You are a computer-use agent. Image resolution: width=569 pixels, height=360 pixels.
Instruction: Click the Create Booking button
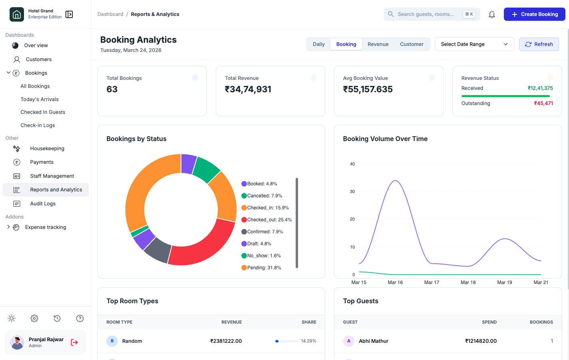point(534,14)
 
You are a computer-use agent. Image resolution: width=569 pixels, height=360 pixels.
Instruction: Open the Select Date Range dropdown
point(474,44)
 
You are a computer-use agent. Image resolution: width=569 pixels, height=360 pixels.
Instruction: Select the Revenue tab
point(378,44)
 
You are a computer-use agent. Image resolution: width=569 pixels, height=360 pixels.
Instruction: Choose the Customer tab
point(411,44)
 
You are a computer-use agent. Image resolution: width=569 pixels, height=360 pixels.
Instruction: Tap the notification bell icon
point(491,14)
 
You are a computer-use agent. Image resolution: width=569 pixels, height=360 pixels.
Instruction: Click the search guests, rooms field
point(425,14)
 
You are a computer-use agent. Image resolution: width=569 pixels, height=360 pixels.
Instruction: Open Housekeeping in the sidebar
point(47,149)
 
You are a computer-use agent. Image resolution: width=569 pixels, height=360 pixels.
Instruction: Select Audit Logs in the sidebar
point(43,204)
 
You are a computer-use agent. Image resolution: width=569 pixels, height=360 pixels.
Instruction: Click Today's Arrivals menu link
point(40,99)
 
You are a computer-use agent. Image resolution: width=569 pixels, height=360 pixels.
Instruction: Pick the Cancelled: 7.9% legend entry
point(264,196)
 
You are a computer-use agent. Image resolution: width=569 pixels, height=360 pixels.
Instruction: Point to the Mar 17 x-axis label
point(432,282)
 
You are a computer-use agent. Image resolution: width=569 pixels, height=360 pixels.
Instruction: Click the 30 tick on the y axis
point(352,192)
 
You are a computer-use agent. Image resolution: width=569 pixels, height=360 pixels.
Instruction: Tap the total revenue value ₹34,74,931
point(248,90)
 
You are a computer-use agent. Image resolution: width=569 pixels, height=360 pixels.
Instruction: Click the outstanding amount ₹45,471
point(543,103)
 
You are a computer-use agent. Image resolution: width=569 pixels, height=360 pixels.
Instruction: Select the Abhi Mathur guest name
point(373,341)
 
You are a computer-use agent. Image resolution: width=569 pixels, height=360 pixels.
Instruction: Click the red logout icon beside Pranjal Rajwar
point(74,342)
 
